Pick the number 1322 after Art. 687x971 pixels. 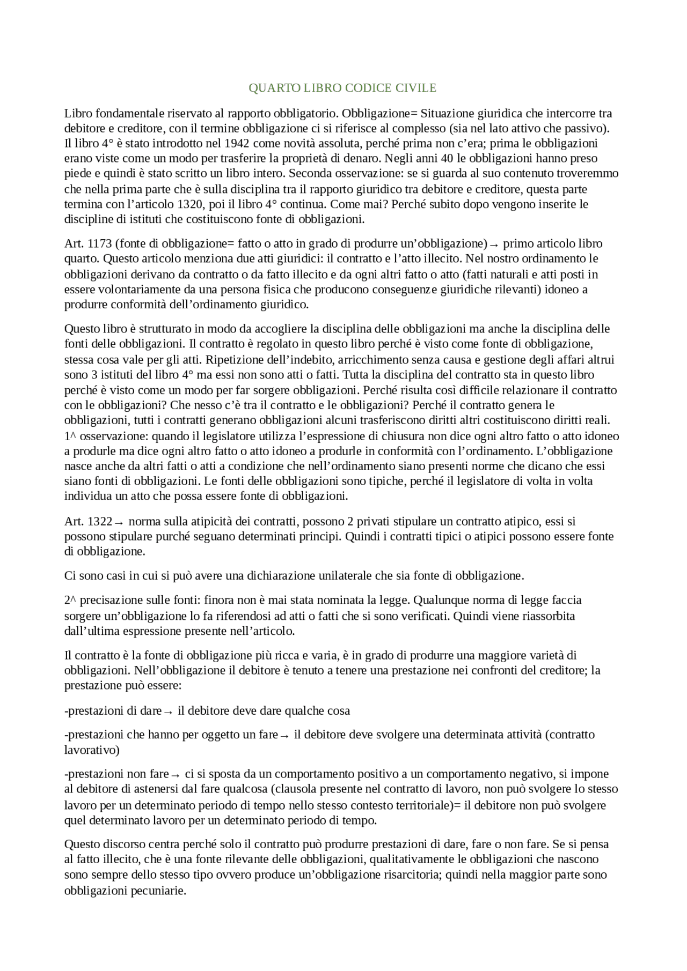point(99,522)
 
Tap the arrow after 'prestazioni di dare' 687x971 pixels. point(167,711)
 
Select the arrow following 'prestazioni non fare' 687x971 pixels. point(176,775)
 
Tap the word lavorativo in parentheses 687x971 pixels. point(90,750)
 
